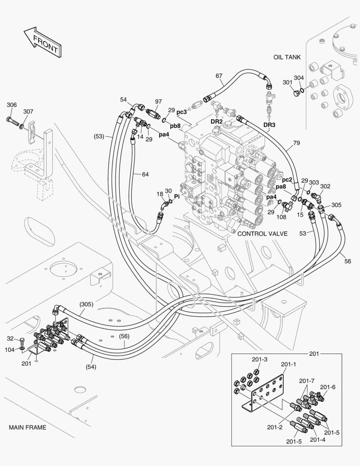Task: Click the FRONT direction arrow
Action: pyautogui.click(x=42, y=42)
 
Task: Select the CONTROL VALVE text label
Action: pyautogui.click(x=262, y=233)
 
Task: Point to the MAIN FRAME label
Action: pyautogui.click(x=27, y=428)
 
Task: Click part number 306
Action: pyautogui.click(x=12, y=105)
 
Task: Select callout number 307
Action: pyautogui.click(x=28, y=112)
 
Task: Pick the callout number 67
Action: pyautogui.click(x=219, y=76)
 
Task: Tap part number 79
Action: pyautogui.click(x=296, y=143)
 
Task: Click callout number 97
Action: pyautogui.click(x=158, y=102)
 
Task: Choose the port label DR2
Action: pyautogui.click(x=216, y=122)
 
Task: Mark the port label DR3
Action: pyautogui.click(x=269, y=125)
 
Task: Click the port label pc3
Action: pyautogui.click(x=182, y=112)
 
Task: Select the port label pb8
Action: pyautogui.click(x=175, y=126)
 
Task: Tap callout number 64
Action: pyautogui.click(x=145, y=174)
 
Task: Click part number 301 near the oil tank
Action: pyautogui.click(x=287, y=82)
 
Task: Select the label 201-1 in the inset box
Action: pyautogui.click(x=288, y=365)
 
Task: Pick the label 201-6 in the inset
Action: pyautogui.click(x=328, y=387)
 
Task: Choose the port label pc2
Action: pyautogui.click(x=287, y=179)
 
